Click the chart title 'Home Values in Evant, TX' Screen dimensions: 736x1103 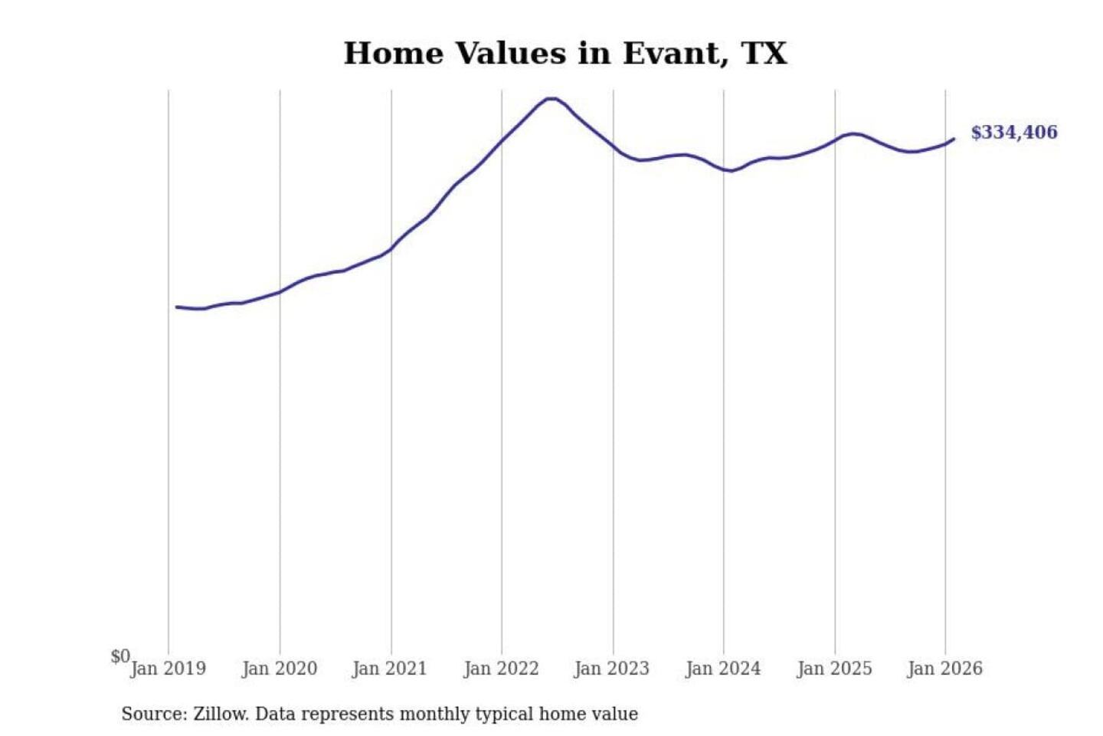[565, 54]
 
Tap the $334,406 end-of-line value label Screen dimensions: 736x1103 [1013, 133]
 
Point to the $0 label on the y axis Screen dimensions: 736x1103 [120, 656]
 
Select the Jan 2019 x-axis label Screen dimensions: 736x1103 [168, 669]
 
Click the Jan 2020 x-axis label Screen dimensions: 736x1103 [279, 669]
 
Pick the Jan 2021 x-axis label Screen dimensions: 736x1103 [389, 669]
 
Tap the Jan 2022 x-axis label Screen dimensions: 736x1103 [501, 669]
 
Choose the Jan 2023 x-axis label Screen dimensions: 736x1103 [611, 669]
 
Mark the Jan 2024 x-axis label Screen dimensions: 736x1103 [723, 669]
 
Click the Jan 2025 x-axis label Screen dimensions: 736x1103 [834, 669]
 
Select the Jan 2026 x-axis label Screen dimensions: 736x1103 [944, 669]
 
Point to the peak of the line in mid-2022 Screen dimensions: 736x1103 [551, 98]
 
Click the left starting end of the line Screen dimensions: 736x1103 [177, 307]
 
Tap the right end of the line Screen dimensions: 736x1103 [954, 139]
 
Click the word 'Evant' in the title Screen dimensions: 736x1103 [671, 54]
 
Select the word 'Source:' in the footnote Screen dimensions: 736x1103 [154, 715]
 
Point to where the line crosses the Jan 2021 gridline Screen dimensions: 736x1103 [391, 248]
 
